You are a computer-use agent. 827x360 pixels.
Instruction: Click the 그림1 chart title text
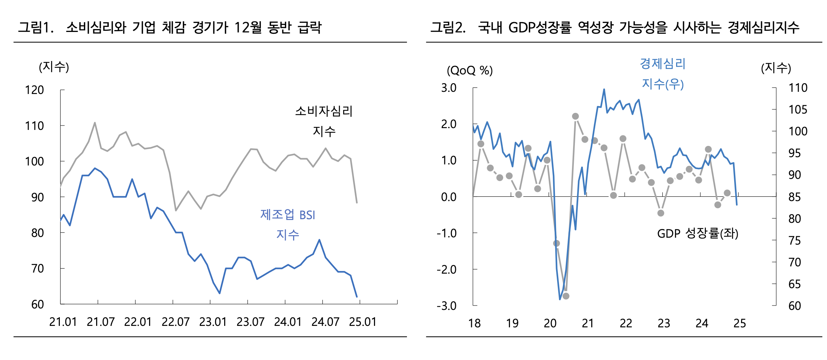170,27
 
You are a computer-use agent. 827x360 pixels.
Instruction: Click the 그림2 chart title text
614,27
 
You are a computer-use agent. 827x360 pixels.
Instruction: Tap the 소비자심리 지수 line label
324,121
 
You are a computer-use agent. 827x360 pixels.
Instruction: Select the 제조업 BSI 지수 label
288,225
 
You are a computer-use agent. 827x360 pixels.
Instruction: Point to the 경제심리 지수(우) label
663,74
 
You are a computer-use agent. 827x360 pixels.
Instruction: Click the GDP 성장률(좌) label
698,233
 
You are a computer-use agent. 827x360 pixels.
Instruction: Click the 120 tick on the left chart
34,90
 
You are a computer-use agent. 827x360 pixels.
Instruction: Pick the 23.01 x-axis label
213,322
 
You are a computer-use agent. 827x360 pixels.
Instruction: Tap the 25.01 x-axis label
362,322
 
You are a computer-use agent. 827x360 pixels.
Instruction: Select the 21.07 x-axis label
100,322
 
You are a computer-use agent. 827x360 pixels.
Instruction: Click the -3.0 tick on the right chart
447,306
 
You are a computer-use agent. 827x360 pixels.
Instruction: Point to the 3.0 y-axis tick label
449,88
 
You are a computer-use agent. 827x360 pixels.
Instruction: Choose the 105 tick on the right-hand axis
798,110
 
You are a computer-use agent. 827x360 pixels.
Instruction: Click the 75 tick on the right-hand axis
794,241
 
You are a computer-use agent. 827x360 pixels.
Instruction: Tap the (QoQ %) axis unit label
470,70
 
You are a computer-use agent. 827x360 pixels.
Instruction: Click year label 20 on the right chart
550,323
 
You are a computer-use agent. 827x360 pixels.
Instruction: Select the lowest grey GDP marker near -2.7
566,296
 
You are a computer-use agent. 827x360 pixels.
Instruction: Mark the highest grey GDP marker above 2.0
575,116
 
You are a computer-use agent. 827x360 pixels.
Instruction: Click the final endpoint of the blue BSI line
357,297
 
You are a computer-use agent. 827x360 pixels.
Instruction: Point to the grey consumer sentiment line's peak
95,123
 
